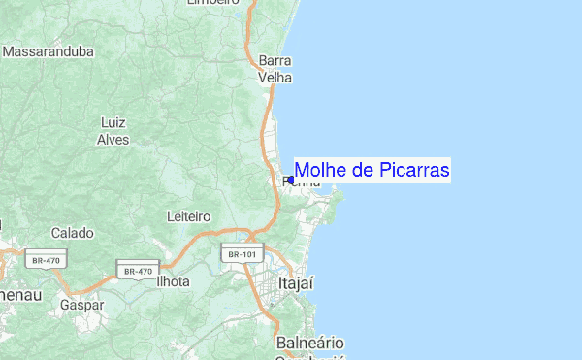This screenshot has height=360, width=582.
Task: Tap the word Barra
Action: pos(275,60)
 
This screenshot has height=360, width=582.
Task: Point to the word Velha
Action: pos(275,77)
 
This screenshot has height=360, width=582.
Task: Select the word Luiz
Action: pos(113,122)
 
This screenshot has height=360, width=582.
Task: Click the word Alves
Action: pos(113,139)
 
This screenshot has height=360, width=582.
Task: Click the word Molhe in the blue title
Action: pos(320,171)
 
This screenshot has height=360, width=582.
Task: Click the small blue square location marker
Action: pos(290,180)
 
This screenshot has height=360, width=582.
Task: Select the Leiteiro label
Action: pos(189,214)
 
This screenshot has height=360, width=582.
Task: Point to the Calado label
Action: pos(73,233)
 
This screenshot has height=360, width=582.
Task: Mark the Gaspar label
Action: pos(81,304)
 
